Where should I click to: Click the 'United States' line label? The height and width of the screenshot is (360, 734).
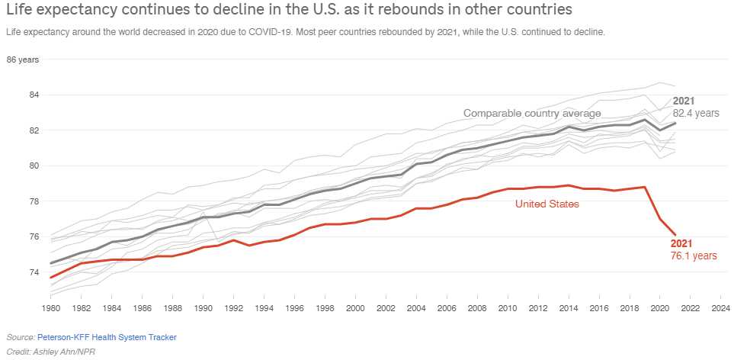547,204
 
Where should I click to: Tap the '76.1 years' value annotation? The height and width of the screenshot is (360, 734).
693,256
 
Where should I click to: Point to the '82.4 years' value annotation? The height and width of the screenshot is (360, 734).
696,113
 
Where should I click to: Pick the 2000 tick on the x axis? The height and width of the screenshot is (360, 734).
354,309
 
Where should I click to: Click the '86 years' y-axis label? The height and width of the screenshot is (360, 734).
23,59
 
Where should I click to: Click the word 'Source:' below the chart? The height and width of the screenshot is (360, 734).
21,336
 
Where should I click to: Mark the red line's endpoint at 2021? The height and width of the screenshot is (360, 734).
675,235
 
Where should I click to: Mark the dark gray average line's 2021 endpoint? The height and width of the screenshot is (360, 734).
675,123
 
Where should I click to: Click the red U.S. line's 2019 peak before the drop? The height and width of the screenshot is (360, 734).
646,187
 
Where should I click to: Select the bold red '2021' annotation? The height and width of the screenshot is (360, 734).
681,243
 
